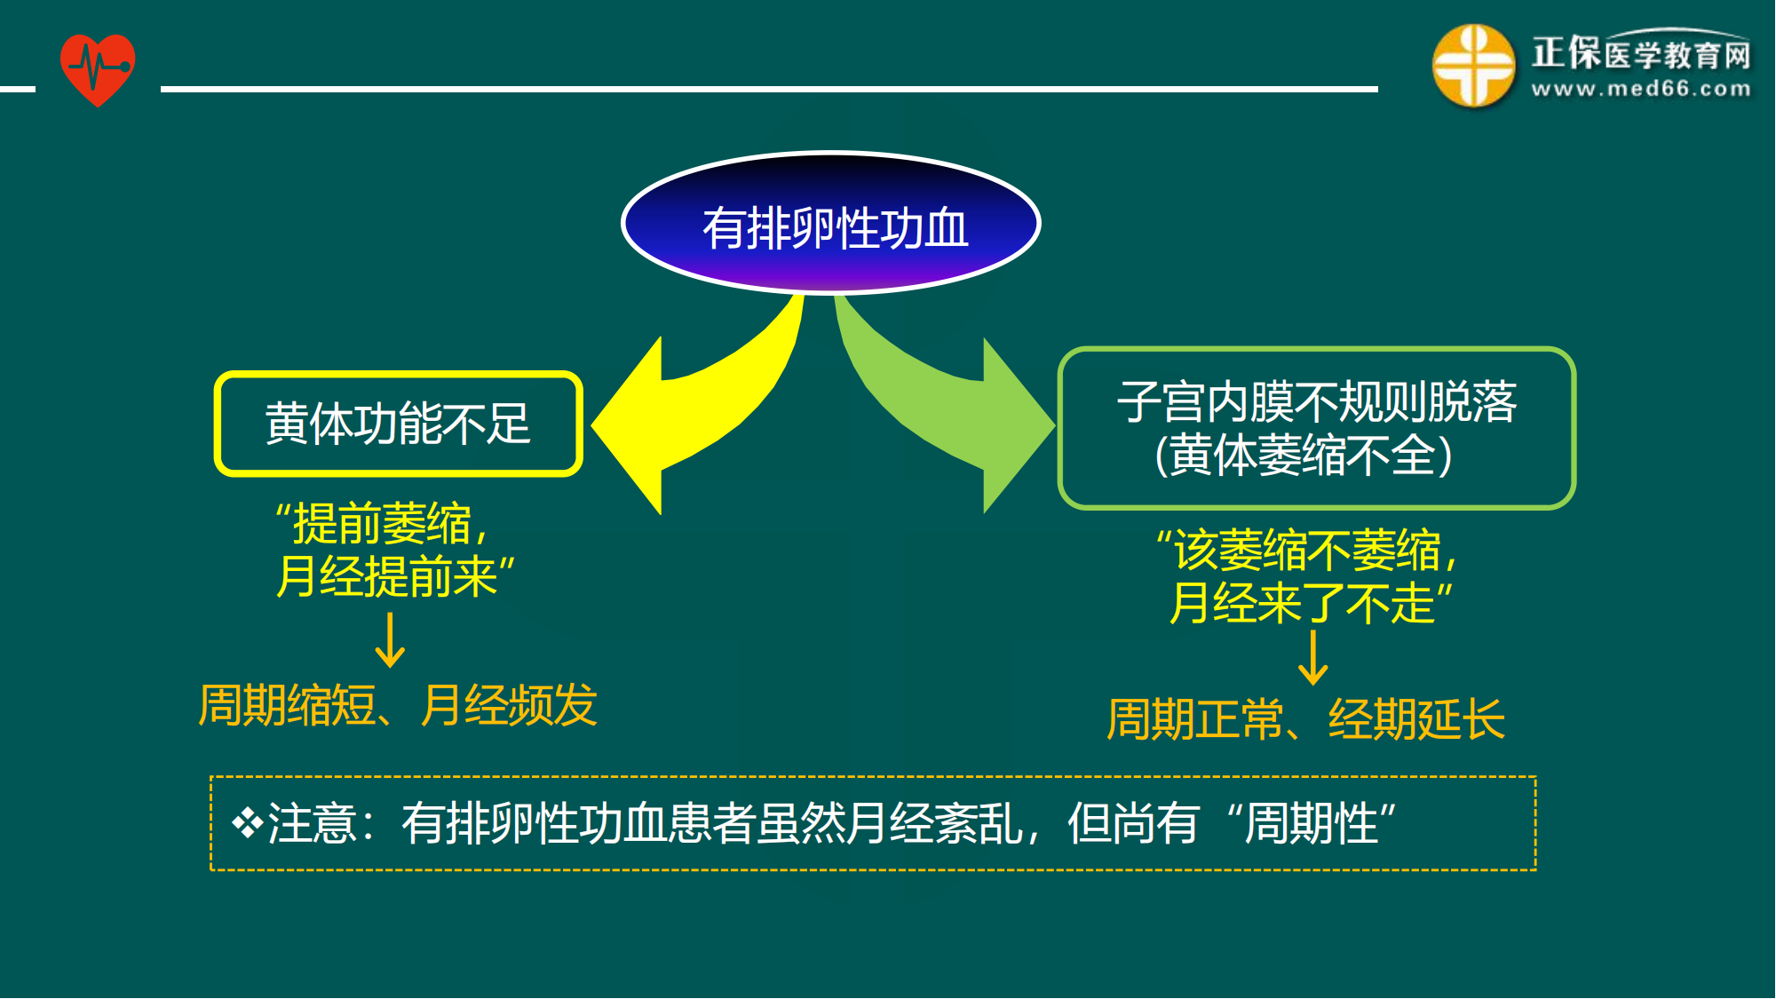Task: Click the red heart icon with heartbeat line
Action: click(98, 69)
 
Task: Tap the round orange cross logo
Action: click(1473, 67)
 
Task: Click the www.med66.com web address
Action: click(1641, 89)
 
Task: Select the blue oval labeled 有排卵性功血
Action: click(831, 224)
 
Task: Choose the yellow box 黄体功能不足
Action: click(399, 424)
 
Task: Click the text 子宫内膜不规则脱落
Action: click(1316, 401)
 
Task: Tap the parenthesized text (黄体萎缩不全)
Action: click(1304, 456)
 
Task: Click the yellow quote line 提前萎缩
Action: click(384, 523)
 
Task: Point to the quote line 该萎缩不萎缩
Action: click(1307, 550)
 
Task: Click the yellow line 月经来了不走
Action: click(1311, 603)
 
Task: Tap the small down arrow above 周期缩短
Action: click(390, 640)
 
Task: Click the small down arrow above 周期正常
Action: click(1312, 658)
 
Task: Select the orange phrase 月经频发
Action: click(509, 706)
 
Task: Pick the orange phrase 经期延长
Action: click(1416, 719)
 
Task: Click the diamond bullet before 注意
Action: click(247, 822)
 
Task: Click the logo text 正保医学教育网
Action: click(1641, 54)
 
